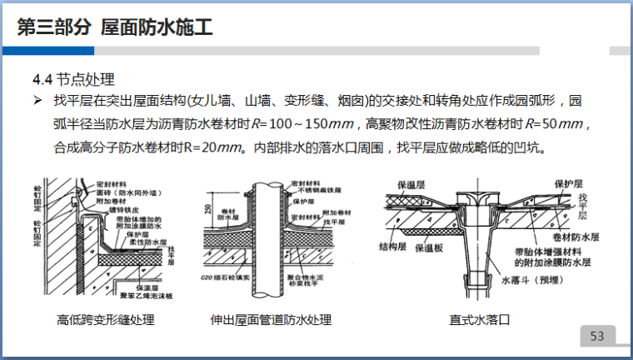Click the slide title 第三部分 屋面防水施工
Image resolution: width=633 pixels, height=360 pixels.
(115, 28)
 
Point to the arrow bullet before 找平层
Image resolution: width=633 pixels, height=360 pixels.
(37, 102)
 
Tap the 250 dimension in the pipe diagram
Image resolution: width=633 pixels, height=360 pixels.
(207, 208)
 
